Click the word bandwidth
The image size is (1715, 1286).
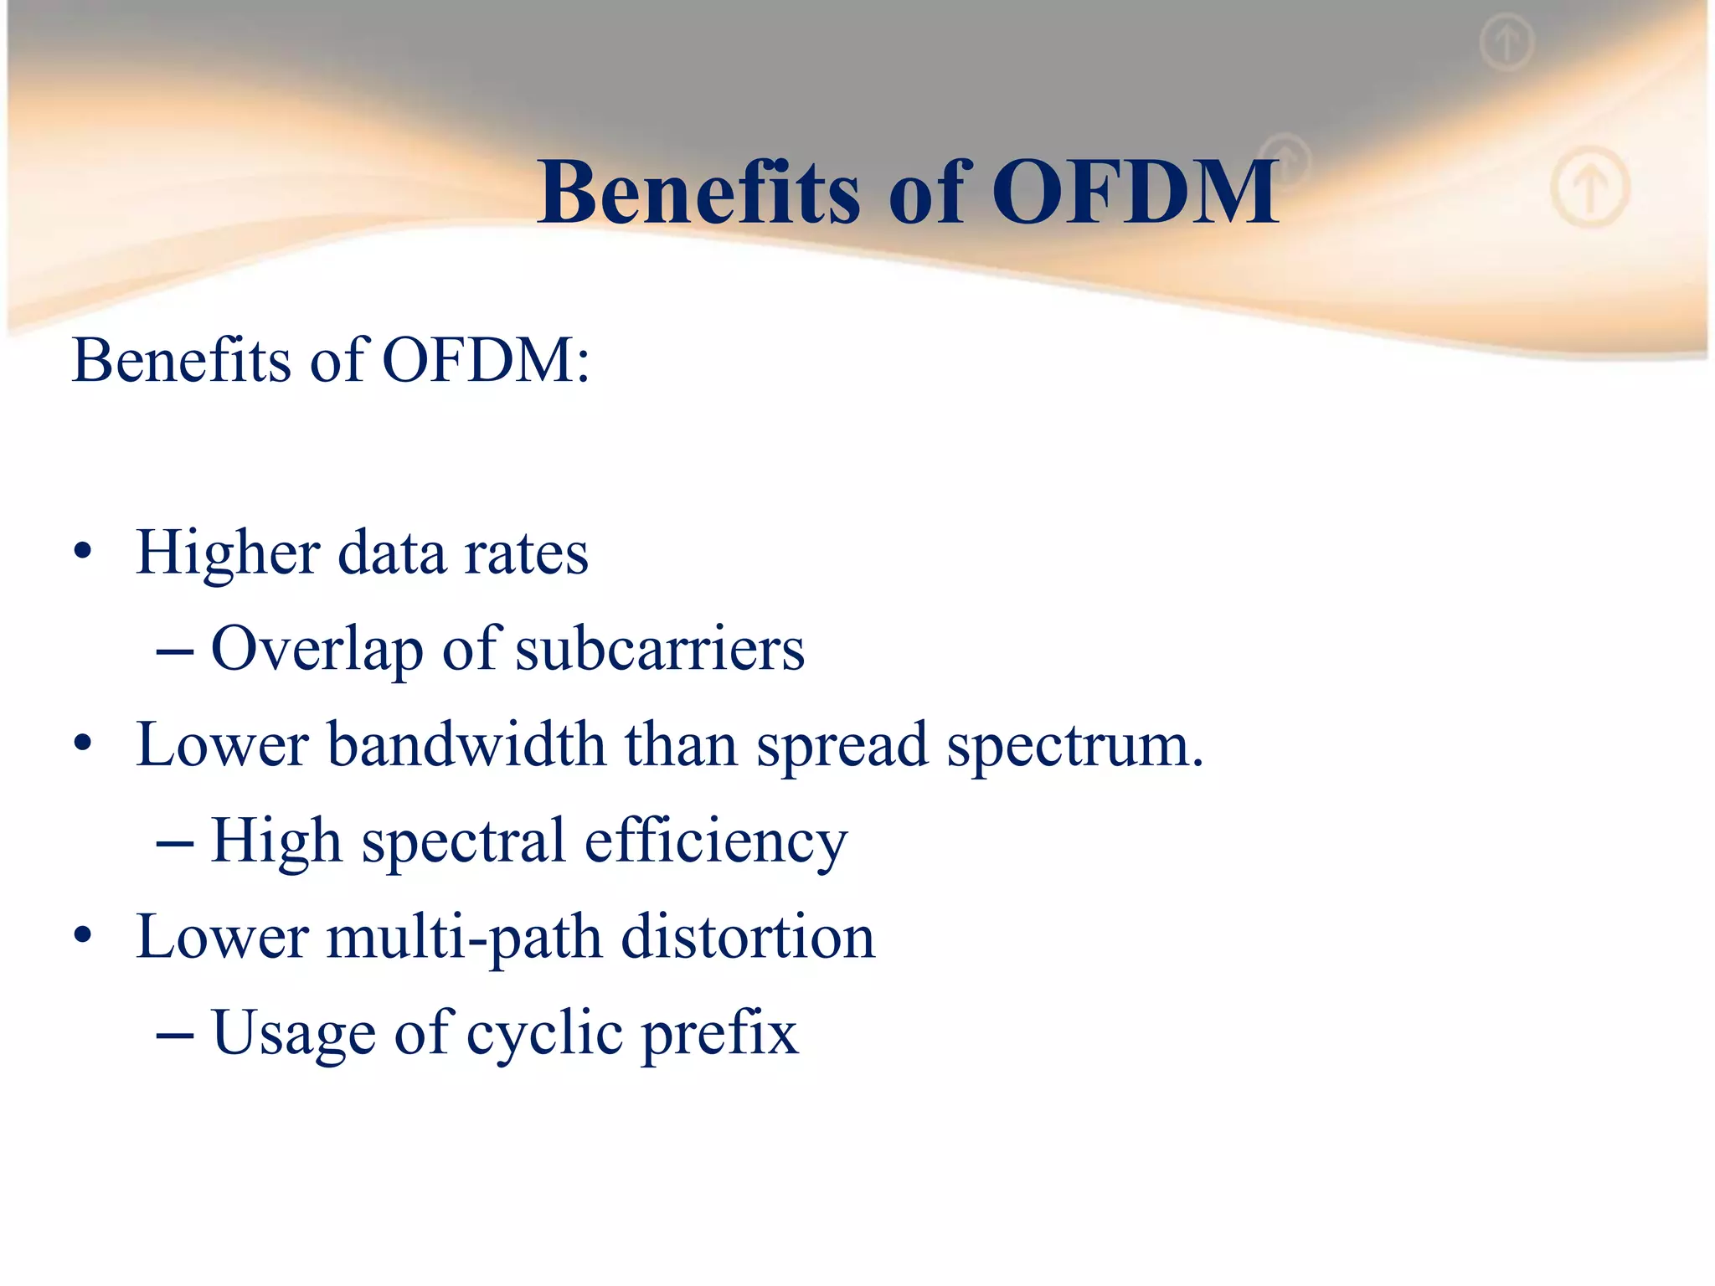pyautogui.click(x=466, y=745)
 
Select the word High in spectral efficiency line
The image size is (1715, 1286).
pyautogui.click(x=276, y=842)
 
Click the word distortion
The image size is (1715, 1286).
pyautogui.click(x=748, y=938)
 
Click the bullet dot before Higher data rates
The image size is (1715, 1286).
pyautogui.click(x=82, y=553)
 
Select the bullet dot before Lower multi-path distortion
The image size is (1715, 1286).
pyautogui.click(x=82, y=935)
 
